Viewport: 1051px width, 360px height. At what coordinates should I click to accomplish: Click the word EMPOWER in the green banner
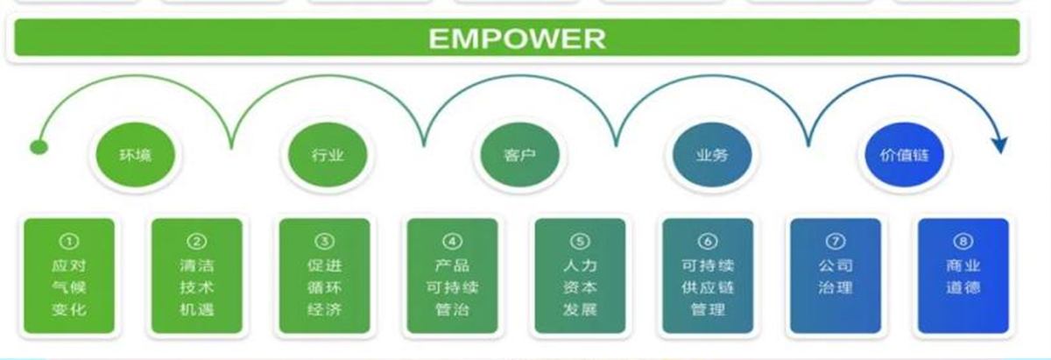(517, 39)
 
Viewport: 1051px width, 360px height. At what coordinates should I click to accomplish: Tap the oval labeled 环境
(135, 155)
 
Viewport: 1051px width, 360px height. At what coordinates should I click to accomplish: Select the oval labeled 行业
(328, 155)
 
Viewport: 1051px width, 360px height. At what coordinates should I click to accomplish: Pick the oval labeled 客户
(520, 155)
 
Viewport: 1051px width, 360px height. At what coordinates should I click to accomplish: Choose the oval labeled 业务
(712, 155)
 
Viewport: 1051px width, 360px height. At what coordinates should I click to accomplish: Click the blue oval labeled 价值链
(904, 155)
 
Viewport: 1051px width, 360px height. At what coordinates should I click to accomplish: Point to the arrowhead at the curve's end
(999, 145)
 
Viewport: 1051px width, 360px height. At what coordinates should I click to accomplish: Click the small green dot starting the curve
(39, 148)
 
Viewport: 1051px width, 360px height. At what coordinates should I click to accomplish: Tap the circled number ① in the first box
(69, 242)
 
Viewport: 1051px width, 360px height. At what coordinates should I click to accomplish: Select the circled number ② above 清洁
(196, 242)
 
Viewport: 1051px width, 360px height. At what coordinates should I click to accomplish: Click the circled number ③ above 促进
(325, 242)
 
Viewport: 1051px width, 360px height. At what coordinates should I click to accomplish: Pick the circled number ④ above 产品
(452, 242)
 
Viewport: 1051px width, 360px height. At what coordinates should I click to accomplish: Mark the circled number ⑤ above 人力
(580, 242)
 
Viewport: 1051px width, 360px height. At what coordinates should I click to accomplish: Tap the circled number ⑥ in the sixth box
(708, 242)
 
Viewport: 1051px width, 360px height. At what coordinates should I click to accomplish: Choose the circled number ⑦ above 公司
(836, 242)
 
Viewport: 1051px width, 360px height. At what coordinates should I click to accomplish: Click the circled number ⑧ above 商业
(963, 242)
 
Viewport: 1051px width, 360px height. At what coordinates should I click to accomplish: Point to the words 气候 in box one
(69, 287)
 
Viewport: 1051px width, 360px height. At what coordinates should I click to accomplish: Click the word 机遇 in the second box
(196, 309)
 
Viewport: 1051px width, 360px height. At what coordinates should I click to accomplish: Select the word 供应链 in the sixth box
(708, 287)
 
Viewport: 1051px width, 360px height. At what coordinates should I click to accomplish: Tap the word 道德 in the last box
(963, 287)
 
